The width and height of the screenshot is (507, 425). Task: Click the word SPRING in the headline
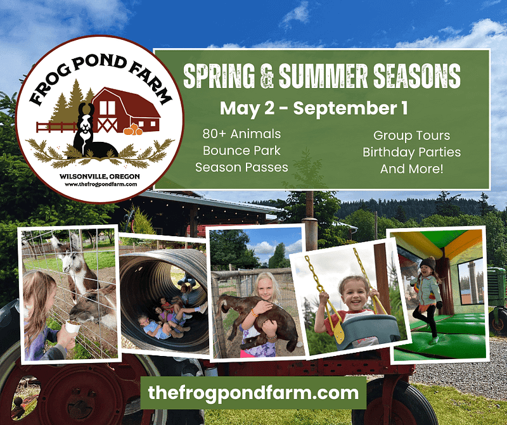coord(219,76)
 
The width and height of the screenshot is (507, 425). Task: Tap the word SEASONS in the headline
coord(417,76)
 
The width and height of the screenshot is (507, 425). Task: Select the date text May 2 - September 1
coord(314,108)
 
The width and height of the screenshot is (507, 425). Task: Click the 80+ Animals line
coord(241,134)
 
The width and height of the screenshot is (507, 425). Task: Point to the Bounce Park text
coord(241,151)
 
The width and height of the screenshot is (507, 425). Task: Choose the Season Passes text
coord(241,167)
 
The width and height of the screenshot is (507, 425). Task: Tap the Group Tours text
coord(411,136)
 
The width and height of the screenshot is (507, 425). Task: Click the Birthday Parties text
coord(411,152)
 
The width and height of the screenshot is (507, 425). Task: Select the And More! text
coord(411,169)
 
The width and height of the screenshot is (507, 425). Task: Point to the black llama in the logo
coord(92,132)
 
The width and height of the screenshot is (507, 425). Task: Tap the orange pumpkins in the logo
coord(133,130)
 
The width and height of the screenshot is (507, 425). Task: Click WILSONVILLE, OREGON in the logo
coord(99,177)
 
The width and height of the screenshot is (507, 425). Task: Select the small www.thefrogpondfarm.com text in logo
coord(101,184)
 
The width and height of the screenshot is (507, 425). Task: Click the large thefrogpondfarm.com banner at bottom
coord(253,393)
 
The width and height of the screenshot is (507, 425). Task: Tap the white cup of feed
coord(72,326)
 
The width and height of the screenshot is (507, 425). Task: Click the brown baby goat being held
coord(259,320)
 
